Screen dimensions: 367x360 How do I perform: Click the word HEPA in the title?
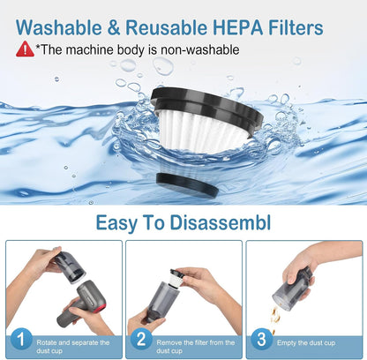point(237,27)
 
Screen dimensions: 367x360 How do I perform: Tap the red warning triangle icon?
point(25,49)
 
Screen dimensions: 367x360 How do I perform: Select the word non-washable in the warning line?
point(199,49)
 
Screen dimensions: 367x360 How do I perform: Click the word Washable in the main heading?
point(59,27)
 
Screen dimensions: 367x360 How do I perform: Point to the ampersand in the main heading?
point(114,27)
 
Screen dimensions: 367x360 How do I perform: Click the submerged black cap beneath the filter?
point(187,184)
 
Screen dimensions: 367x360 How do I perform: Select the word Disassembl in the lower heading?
point(221,222)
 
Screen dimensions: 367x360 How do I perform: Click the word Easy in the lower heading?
point(116,223)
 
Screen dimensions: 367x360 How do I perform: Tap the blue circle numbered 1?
point(21,339)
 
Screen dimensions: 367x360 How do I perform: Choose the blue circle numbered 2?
point(141,339)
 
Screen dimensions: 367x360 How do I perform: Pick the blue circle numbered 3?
point(261,339)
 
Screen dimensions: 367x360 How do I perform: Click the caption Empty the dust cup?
point(306,343)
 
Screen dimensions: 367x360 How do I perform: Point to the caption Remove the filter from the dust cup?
point(196,347)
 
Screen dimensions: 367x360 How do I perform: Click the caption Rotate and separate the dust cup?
point(73,347)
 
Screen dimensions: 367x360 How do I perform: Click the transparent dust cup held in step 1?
point(70,267)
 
